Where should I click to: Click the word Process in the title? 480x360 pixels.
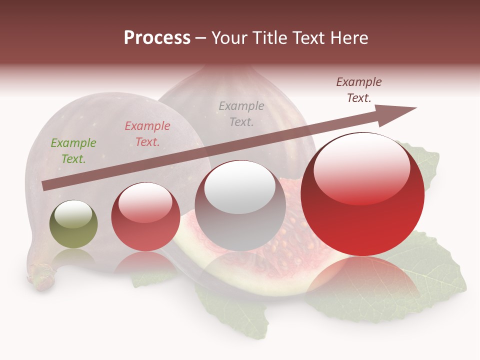(x=157, y=38)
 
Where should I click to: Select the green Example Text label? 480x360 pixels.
(x=73, y=151)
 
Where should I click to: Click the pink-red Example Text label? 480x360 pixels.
(x=147, y=134)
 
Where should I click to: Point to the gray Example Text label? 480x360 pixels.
(x=241, y=114)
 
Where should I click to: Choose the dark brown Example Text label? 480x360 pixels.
(x=359, y=90)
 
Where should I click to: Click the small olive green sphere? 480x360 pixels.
(x=73, y=230)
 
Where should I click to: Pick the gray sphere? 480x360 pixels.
(x=240, y=215)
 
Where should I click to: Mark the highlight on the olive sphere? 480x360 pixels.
(x=73, y=214)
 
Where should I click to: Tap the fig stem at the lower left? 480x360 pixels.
(x=41, y=278)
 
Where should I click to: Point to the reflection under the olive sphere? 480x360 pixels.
(x=74, y=257)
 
